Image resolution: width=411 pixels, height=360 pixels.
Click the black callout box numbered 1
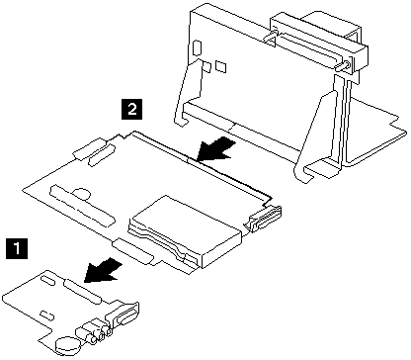coord(17,249)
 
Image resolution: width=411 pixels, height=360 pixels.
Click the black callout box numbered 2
coord(132,109)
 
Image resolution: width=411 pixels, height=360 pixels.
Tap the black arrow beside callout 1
coord(103,270)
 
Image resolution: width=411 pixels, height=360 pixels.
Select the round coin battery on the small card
coord(68,344)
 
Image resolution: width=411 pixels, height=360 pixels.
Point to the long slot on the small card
coord(83,292)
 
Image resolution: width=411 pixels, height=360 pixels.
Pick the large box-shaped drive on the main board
coord(186,230)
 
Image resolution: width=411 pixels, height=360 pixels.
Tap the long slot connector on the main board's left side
coord(82,206)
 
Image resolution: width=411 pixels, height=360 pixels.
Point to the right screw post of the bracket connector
coord(343,65)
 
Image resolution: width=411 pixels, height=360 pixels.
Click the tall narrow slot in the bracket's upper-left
coord(197,47)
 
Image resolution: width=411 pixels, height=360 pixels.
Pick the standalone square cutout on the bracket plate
coord(221,66)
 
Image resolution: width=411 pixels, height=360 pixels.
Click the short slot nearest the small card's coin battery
coord(47,315)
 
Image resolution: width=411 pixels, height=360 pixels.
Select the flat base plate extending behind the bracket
coord(375,132)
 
